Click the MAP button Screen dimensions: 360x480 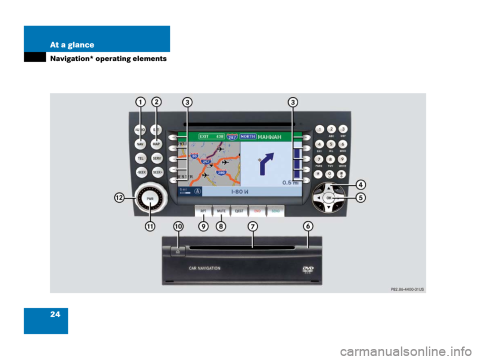pyautogui.click(x=156, y=143)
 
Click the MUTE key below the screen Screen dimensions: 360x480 pyautogui.click(x=221, y=211)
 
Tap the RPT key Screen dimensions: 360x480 pyautogui.click(x=203, y=211)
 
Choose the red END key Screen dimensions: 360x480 pyautogui.click(x=257, y=211)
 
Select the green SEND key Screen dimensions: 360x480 pyautogui.click(x=275, y=211)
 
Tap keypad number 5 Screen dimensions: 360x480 pyautogui.click(x=331, y=144)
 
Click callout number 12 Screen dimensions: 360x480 pyautogui.click(x=119, y=198)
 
